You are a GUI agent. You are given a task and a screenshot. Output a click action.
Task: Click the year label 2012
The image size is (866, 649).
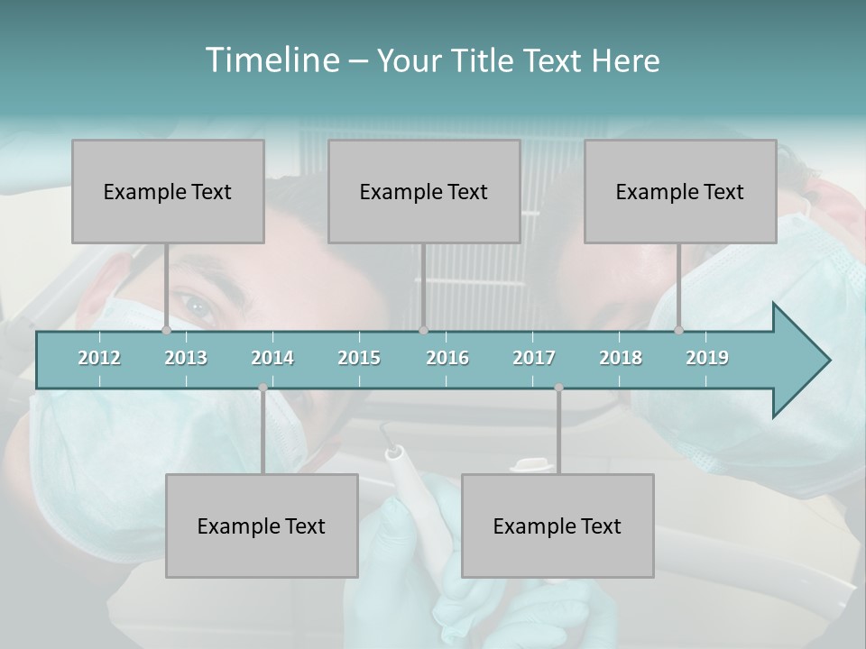point(99,358)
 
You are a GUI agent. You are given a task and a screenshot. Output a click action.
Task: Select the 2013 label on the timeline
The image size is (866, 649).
point(186,358)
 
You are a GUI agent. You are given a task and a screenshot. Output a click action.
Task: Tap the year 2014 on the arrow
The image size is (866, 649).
point(272,358)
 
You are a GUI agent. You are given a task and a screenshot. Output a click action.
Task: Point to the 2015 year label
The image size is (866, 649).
point(359,358)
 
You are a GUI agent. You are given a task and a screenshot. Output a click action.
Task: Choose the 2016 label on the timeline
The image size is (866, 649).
point(447,358)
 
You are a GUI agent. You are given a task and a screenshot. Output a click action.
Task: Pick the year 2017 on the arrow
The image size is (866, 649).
point(534,358)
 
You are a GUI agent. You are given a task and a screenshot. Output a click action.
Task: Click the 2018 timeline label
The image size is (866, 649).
point(621,358)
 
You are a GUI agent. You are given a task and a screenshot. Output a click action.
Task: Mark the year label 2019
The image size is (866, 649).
point(707,358)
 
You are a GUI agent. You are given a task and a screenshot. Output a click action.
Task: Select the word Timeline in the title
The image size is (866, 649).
point(271,60)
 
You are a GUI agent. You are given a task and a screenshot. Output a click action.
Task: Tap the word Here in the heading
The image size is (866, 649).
point(625,61)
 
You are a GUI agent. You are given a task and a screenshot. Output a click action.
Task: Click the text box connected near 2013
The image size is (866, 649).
point(168,191)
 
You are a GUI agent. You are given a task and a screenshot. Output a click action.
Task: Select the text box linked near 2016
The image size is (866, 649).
point(424,191)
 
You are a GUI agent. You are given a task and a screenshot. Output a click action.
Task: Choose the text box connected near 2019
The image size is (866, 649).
point(680,191)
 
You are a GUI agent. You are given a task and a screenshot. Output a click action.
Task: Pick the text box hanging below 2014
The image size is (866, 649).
point(262,526)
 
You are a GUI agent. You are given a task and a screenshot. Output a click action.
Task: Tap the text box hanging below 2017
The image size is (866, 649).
point(557,526)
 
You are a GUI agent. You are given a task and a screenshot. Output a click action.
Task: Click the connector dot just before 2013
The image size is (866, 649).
point(166,331)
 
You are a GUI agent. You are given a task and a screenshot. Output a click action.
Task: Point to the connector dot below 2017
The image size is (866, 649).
point(558,388)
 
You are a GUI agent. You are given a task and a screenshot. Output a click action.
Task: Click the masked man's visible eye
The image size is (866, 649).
point(198,305)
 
